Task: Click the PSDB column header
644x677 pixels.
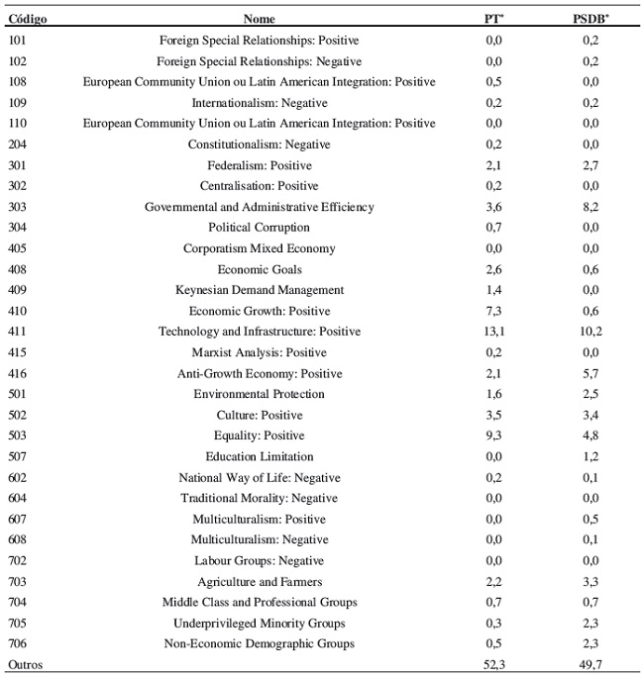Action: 592,19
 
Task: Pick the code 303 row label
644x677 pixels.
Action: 18,207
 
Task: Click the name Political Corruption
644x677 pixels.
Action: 259,228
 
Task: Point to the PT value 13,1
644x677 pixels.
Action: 494,332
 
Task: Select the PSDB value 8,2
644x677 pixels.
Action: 591,207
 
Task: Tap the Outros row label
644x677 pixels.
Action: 26,665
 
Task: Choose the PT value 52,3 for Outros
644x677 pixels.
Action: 494,665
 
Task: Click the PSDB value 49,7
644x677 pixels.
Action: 591,665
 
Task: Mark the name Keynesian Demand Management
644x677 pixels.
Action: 259,290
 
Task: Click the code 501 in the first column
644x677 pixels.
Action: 18,394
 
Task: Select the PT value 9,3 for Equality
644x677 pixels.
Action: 494,435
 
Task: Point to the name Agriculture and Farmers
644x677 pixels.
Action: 259,582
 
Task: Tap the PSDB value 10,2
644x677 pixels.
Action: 591,332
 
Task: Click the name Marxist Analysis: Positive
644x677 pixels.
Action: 259,352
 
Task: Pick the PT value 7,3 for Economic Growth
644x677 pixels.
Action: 494,311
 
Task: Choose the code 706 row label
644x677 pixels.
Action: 18,644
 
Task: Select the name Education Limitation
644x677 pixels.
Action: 259,456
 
